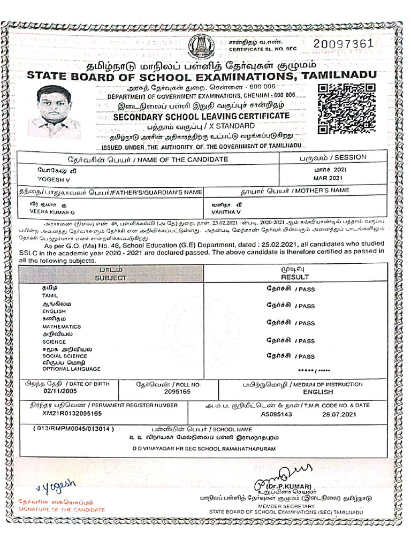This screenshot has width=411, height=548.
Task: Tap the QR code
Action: point(342,108)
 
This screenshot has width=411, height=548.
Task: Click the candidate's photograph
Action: point(55,112)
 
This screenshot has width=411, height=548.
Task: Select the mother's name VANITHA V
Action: point(223,212)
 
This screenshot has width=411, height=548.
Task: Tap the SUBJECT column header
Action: point(111,278)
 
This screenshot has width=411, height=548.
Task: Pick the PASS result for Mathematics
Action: point(307,323)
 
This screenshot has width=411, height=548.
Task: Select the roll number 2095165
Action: point(177,392)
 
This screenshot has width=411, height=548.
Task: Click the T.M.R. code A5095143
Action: point(277,414)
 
